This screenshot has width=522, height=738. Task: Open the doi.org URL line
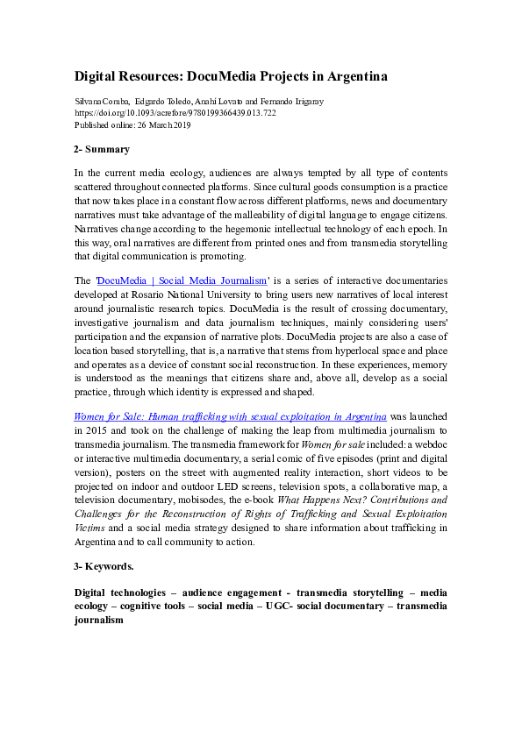[x=175, y=113]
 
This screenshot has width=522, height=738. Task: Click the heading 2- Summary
[x=102, y=149]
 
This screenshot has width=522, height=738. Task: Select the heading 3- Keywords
[x=104, y=566]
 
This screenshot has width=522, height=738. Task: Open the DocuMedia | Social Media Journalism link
[x=181, y=280]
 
